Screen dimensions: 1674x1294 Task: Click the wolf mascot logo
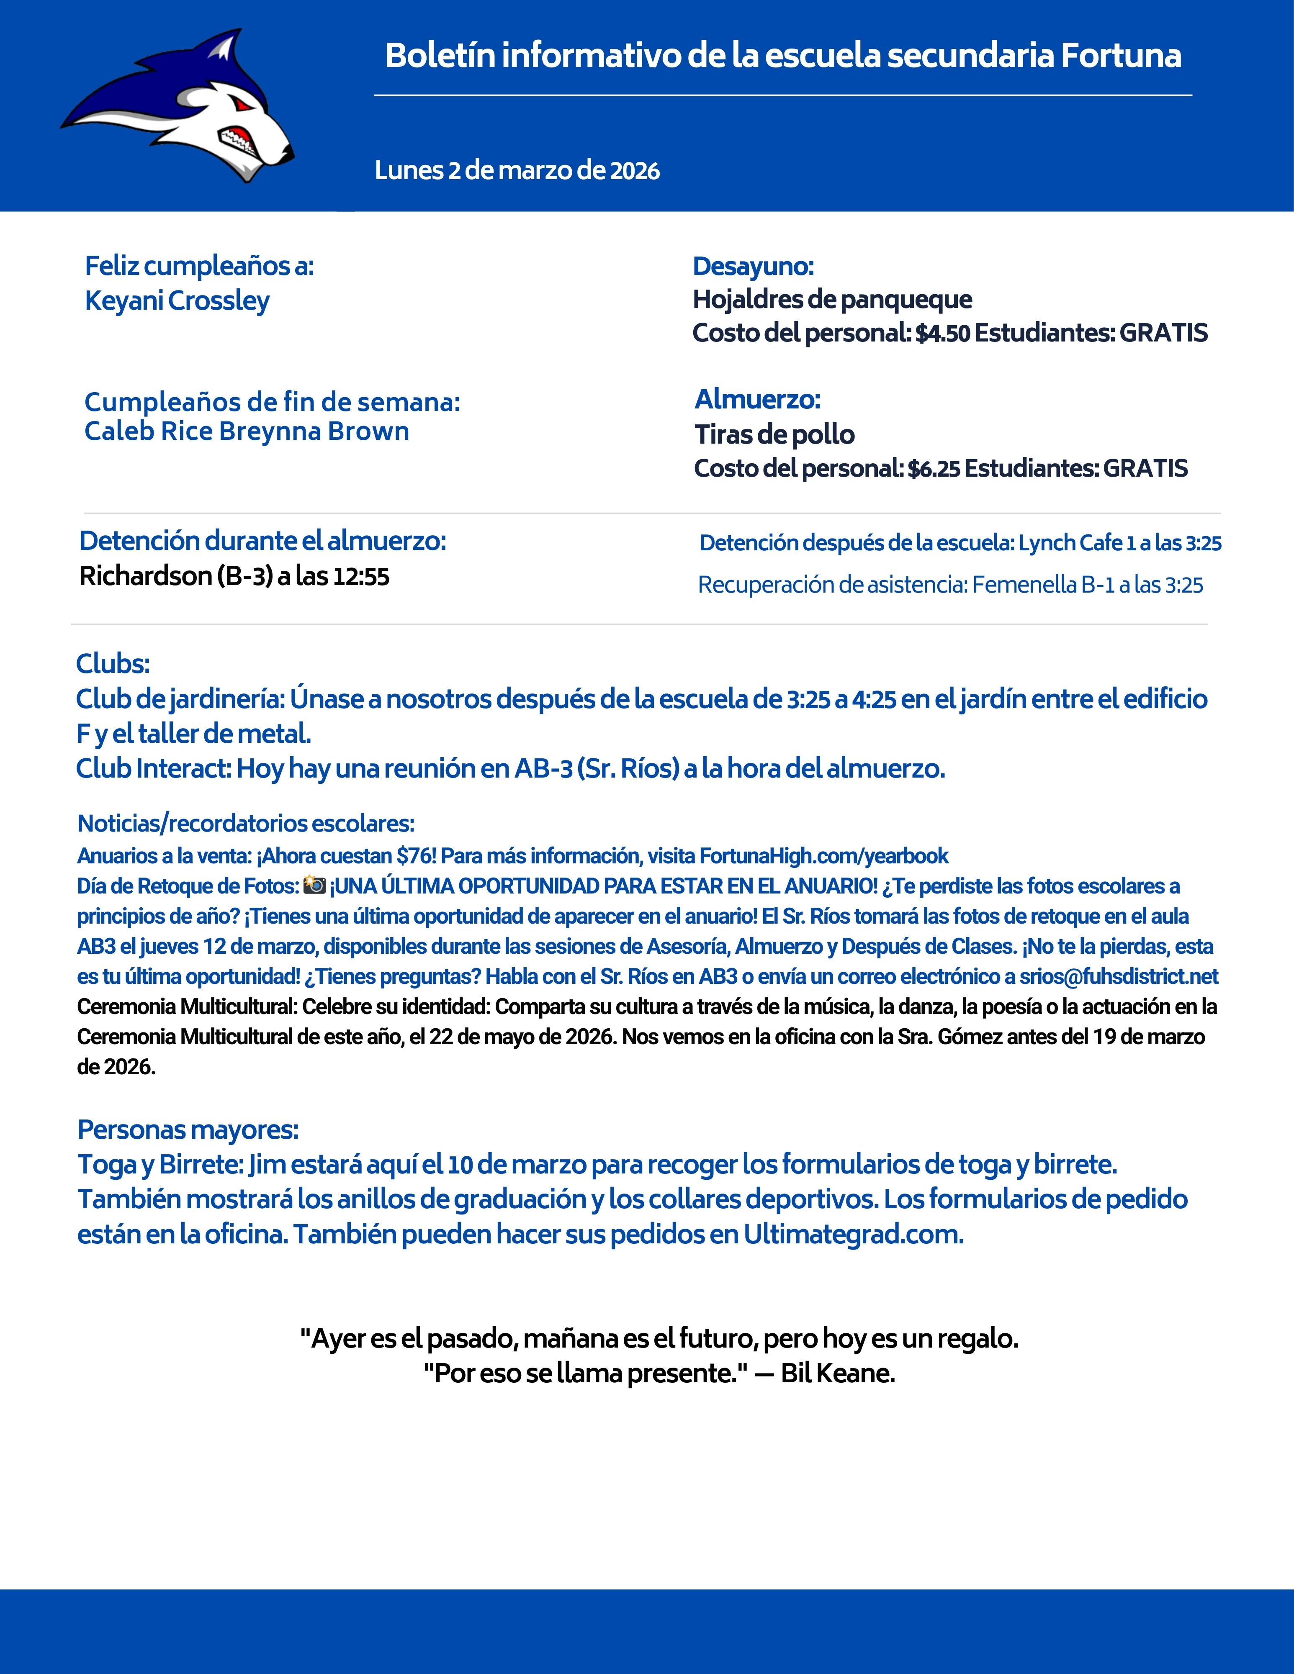click(x=178, y=107)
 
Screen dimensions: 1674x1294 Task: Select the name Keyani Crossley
click(x=177, y=300)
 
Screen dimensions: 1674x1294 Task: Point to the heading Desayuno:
click(x=753, y=266)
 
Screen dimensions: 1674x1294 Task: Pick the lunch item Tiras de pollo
click(x=774, y=434)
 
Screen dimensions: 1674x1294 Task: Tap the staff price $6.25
click(x=934, y=468)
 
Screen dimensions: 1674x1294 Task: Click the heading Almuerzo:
click(x=757, y=399)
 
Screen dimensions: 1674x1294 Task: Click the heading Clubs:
click(x=113, y=664)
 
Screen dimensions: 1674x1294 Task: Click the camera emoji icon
click(x=314, y=885)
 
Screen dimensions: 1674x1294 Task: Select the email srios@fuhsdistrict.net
click(x=1119, y=976)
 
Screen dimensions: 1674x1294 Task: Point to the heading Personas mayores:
click(x=188, y=1129)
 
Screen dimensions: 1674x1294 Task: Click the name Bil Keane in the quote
click(x=837, y=1373)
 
